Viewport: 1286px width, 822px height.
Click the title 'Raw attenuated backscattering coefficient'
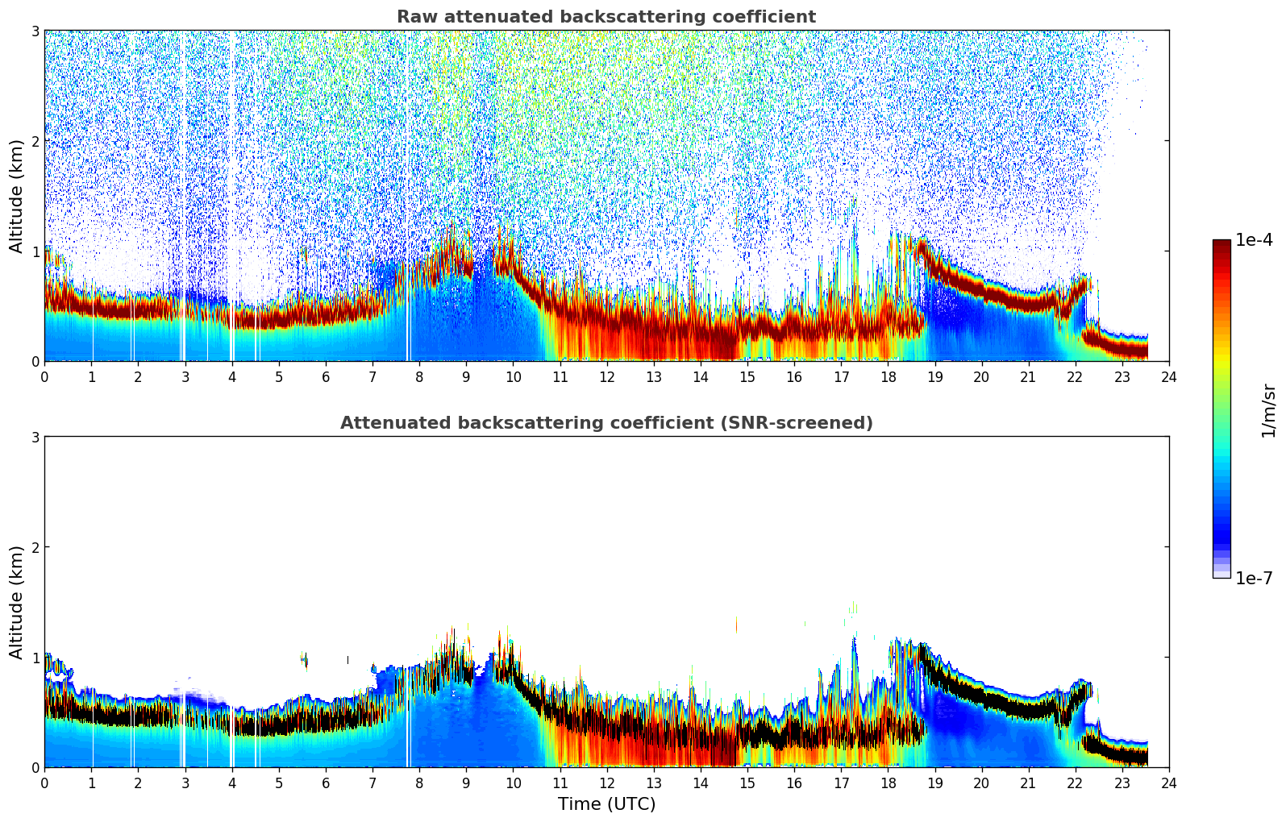tap(606, 17)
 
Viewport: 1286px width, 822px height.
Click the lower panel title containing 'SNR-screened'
tap(606, 423)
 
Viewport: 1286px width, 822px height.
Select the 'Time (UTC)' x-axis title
tap(606, 804)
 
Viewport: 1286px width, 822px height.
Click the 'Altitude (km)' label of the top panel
tap(17, 196)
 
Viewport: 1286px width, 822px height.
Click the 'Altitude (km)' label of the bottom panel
tap(17, 602)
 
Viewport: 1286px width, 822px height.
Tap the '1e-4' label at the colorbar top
tap(1254, 240)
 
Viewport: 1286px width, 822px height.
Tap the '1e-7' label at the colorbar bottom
tap(1254, 578)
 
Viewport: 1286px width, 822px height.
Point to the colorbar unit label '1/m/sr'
tap(1268, 411)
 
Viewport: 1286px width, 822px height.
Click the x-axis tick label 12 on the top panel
tap(606, 377)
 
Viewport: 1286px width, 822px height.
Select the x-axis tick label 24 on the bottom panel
tap(1168, 783)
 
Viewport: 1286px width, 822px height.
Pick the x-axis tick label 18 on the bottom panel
tap(888, 783)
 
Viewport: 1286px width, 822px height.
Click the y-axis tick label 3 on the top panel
tap(35, 31)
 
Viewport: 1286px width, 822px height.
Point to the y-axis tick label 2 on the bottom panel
tap(35, 547)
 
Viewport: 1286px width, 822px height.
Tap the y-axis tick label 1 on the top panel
tap(35, 251)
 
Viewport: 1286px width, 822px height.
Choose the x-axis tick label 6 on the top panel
tap(326, 377)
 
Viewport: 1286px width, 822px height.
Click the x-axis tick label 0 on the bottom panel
tap(44, 783)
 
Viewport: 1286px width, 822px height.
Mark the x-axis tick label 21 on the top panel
tap(1028, 377)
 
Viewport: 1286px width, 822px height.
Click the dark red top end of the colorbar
tap(1221, 244)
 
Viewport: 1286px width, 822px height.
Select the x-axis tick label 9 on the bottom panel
tap(466, 783)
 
